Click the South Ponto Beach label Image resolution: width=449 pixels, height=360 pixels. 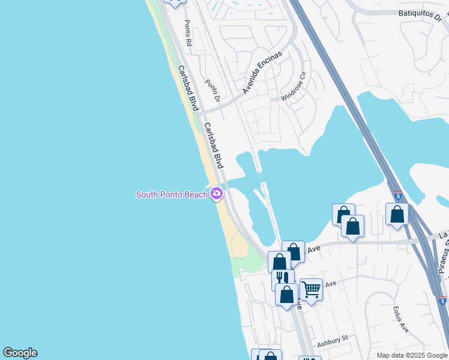tap(172, 194)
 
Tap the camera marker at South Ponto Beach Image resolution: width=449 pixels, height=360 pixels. tap(217, 194)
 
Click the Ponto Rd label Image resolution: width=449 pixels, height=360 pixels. tap(188, 34)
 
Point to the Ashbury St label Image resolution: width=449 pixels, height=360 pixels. tap(333, 340)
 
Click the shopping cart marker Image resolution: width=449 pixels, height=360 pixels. tap(311, 290)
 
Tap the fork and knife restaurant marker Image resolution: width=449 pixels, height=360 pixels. tap(283, 278)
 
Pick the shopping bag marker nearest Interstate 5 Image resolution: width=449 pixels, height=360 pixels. tap(397, 214)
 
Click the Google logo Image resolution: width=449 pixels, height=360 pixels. tap(20, 353)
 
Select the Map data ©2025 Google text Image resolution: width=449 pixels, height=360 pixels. tap(411, 355)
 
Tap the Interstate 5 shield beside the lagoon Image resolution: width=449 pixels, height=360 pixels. tap(398, 196)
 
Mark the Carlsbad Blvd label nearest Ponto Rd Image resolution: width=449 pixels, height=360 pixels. tap(188, 88)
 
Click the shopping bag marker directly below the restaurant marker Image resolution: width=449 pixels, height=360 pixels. tap(287, 295)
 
